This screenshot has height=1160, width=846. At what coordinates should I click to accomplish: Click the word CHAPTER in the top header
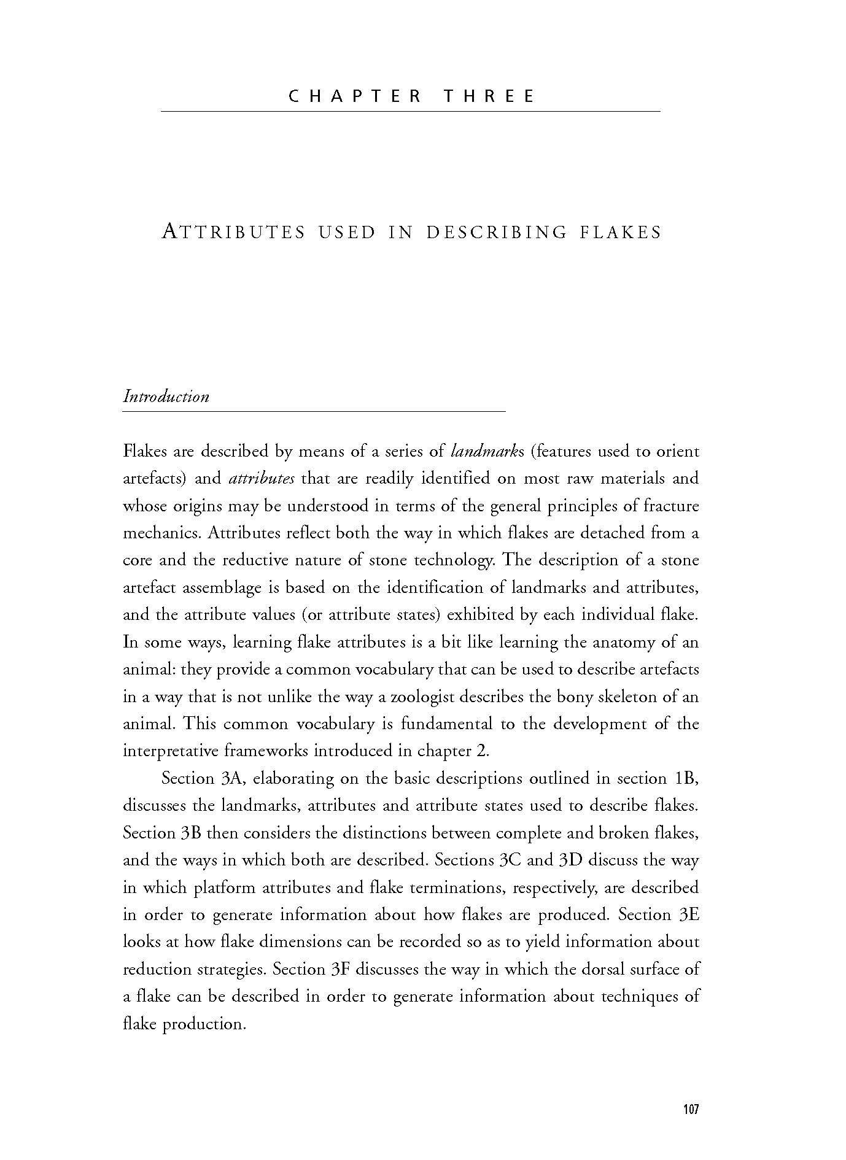pos(354,96)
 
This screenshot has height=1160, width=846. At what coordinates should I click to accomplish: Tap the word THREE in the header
pos(489,96)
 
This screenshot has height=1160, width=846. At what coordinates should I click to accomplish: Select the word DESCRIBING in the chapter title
pos(496,233)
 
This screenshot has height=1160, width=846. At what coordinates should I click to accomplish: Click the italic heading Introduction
pos(166,396)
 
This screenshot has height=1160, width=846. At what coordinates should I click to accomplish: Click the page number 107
pos(691,1109)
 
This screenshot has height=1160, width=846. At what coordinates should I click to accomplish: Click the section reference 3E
pos(689,915)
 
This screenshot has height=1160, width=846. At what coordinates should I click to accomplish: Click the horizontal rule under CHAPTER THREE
pos(410,111)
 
